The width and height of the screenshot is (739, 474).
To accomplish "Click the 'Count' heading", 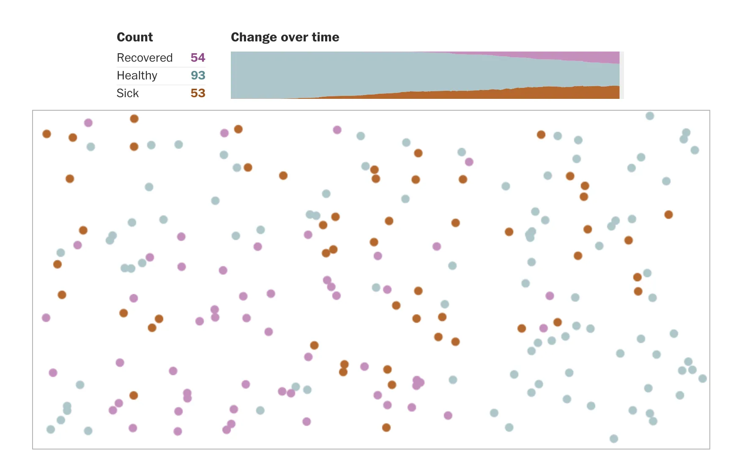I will click(x=134, y=37).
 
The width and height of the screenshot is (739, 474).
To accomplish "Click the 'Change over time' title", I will click(x=285, y=37).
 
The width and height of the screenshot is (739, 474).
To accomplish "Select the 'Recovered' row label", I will click(x=145, y=57).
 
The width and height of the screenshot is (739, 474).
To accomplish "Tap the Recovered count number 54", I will click(x=197, y=57).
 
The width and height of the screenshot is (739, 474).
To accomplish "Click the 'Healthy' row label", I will click(x=137, y=75).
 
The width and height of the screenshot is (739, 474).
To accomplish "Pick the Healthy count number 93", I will click(x=197, y=75).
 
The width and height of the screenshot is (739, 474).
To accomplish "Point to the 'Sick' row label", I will click(x=128, y=93).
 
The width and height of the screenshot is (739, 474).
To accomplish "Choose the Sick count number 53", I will click(x=197, y=93).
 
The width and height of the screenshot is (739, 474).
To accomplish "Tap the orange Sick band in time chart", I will click(x=550, y=93).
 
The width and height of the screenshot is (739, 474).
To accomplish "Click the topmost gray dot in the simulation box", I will click(x=650, y=116).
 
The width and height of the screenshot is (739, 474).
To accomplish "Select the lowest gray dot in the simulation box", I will click(x=614, y=439).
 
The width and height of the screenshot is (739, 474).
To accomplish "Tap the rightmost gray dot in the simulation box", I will click(x=702, y=379).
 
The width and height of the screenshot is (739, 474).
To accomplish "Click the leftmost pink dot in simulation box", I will click(x=46, y=318).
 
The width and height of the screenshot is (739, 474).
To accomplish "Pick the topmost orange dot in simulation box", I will click(x=134, y=119).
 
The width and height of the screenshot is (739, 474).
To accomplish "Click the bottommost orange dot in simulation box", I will click(x=386, y=428).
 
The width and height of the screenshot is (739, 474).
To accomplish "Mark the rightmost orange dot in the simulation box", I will click(x=668, y=215).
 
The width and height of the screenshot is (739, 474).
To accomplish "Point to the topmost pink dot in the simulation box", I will click(x=88, y=123).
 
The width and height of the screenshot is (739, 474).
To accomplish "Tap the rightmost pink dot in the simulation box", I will click(x=550, y=296).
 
